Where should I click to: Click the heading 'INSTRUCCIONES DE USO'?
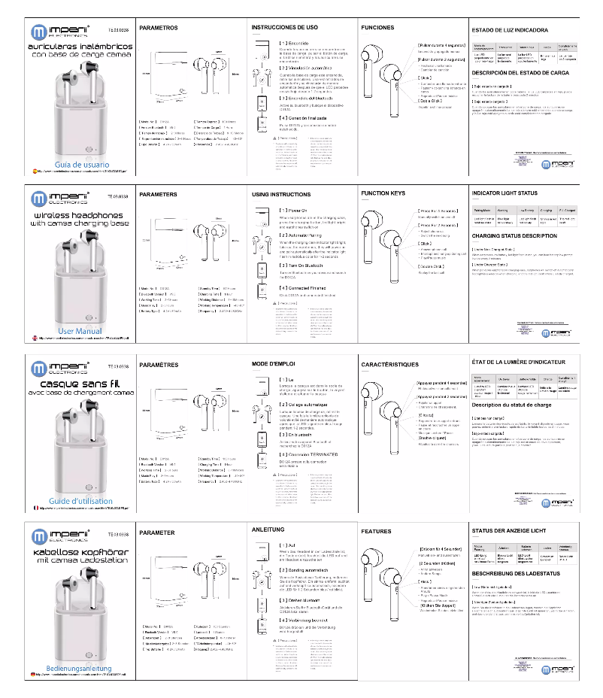coord(284,27)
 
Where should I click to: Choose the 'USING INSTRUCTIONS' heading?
coord(280,195)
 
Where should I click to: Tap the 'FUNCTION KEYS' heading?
coord(383,193)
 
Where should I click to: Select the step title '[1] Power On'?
coord(294,211)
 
